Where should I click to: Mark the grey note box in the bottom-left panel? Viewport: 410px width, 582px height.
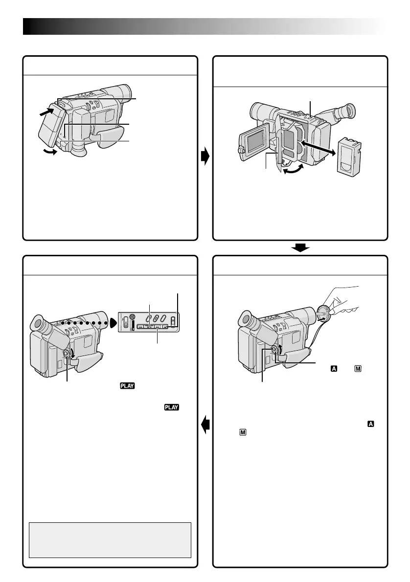coord(110,539)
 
